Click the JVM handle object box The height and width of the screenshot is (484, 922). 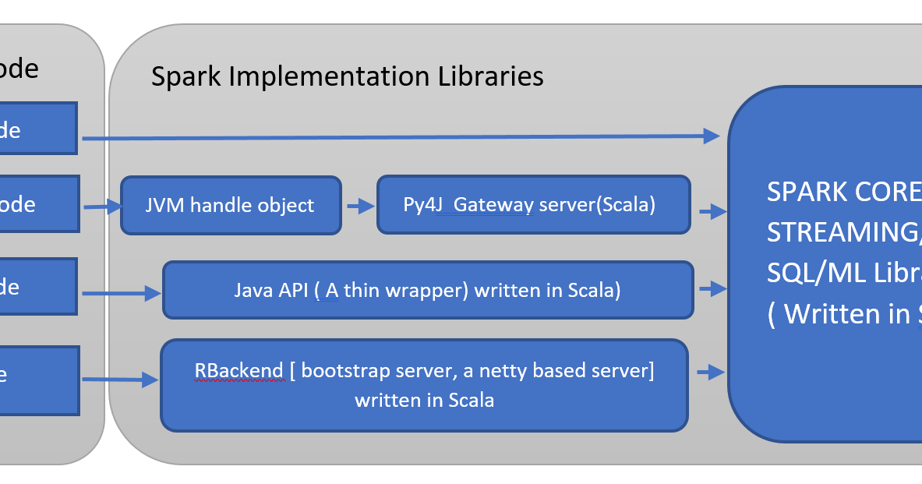pos(231,205)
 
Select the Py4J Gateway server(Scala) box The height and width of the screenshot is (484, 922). pos(533,205)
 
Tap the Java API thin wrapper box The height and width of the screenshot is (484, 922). pos(427,290)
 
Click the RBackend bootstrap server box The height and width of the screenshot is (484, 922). pos(424,385)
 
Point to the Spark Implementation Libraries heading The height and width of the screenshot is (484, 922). pos(347,76)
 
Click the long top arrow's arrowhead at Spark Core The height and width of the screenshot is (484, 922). pos(711,136)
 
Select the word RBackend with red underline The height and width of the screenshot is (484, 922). pos(239,370)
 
